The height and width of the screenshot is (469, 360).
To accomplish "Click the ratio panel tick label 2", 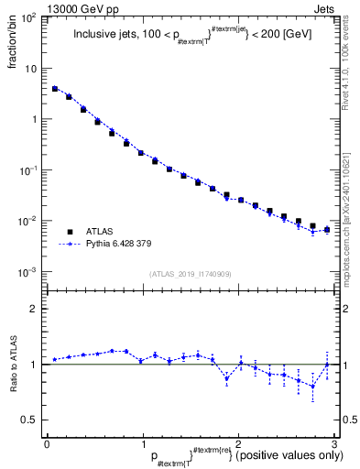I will tap(33, 309).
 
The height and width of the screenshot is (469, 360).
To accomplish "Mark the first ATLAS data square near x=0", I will tap(55, 89).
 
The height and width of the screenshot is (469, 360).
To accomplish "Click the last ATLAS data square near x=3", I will tap(327, 230).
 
